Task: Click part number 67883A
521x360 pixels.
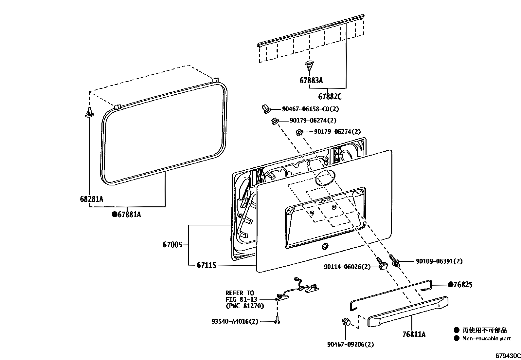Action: coord(311,80)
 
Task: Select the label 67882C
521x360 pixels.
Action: coord(330,97)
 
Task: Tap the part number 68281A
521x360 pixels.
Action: coord(91,199)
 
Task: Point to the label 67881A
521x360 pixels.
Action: coord(129,215)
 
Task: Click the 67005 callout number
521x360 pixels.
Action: coord(172,245)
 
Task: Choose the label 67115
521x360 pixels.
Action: coord(207,265)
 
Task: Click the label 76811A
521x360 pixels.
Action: coord(414,334)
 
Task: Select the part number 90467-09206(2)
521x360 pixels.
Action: coord(350,344)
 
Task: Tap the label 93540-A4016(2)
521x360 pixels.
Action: coord(235,322)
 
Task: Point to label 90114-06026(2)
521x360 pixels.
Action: coord(347,267)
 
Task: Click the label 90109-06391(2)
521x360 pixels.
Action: coord(439,261)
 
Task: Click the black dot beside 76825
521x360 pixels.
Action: coord(450,285)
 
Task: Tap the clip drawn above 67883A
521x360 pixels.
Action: coord(309,65)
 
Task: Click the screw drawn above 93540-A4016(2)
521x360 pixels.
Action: coord(277,320)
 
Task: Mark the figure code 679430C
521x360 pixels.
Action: coord(507,356)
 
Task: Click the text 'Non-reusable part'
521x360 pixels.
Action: coord(486,339)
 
